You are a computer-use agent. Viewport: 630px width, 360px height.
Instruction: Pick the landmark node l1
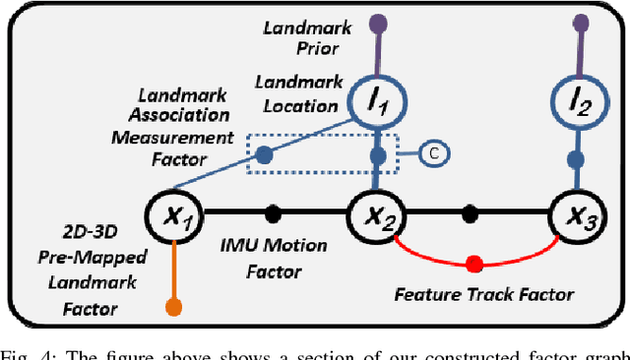point(378,100)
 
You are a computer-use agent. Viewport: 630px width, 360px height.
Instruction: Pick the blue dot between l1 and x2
point(377,157)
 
